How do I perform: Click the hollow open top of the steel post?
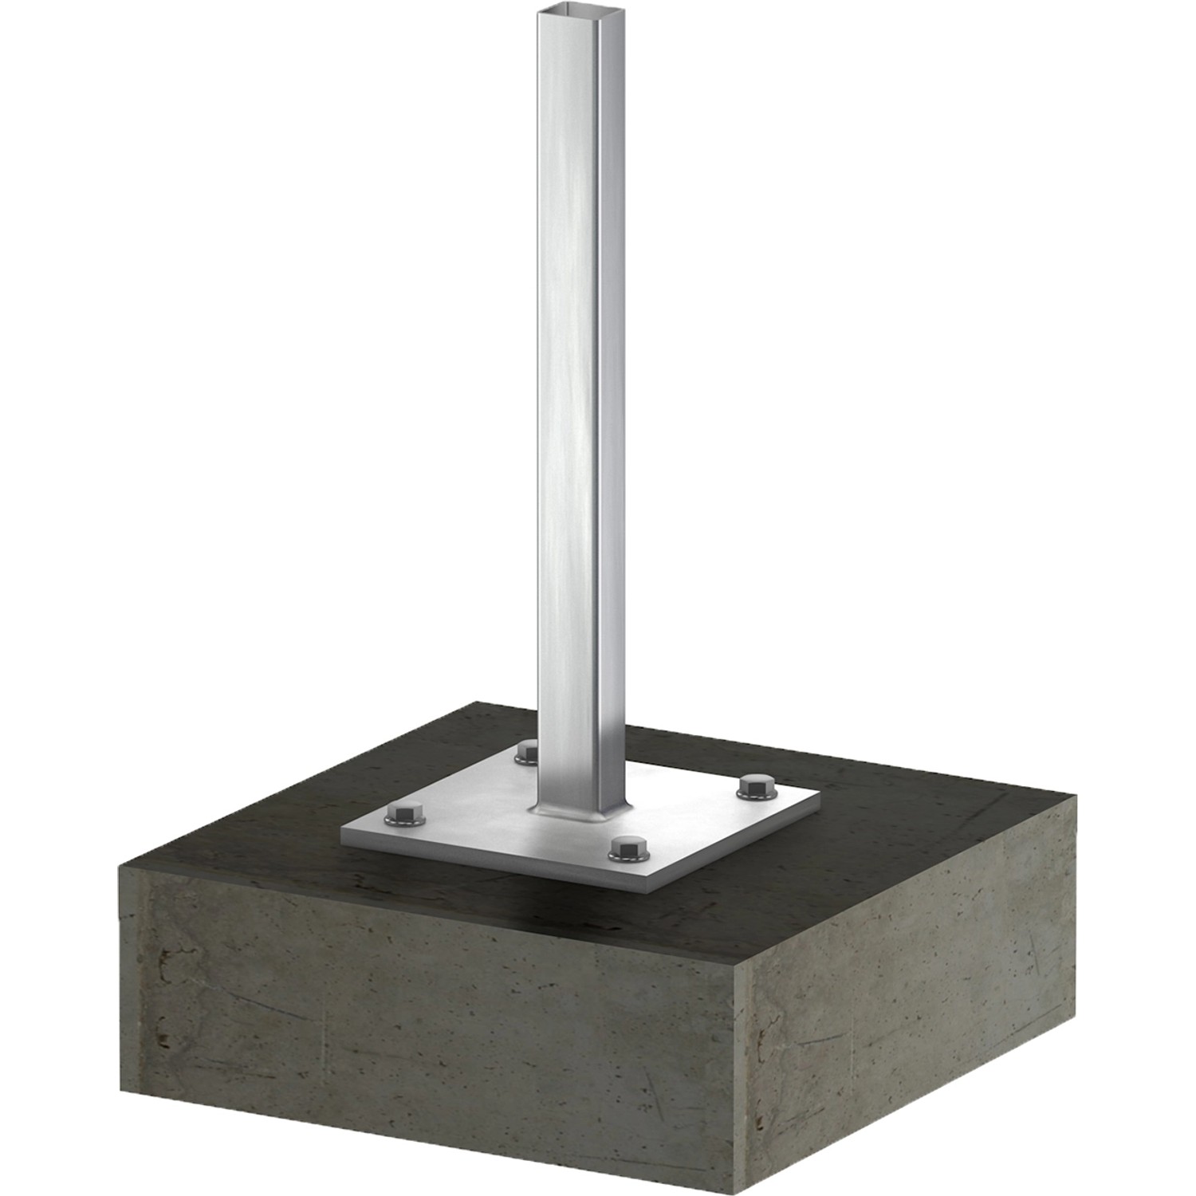[x=568, y=11]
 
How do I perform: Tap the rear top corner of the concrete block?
[x=477, y=703]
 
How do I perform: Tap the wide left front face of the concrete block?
[x=423, y=1029]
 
